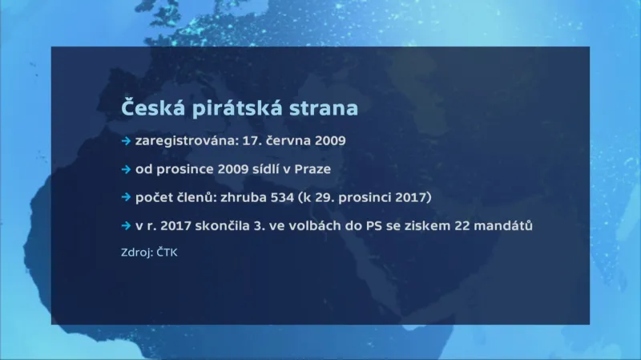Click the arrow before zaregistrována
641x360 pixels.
(126, 141)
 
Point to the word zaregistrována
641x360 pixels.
(180, 141)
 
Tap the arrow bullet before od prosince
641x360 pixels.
(126, 169)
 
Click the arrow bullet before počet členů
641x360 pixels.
(126, 197)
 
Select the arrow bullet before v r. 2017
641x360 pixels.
(126, 226)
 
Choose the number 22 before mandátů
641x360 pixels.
(463, 226)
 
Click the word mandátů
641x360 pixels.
(506, 226)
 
